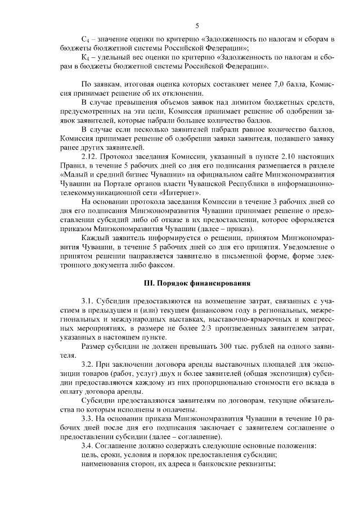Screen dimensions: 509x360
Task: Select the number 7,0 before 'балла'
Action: (x=250, y=84)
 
